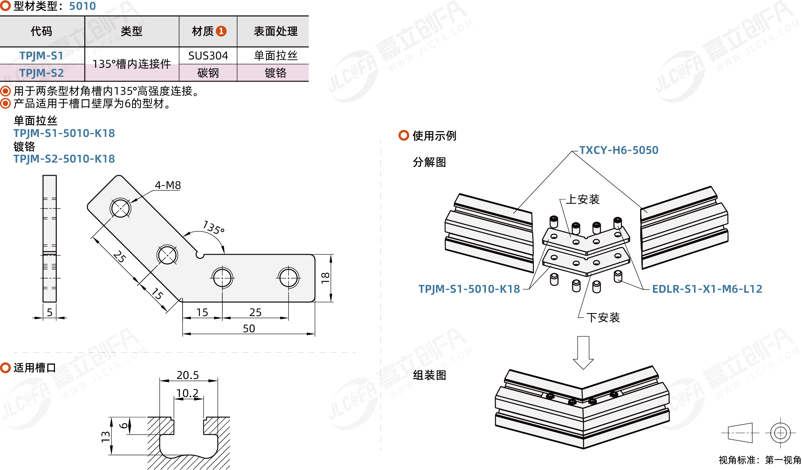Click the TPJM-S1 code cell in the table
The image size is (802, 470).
[x=41, y=56]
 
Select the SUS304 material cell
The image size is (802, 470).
[x=208, y=56]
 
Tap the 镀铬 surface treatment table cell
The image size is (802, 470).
[x=275, y=73]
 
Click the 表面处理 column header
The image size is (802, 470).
[x=275, y=31]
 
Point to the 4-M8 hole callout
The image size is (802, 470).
[x=168, y=185]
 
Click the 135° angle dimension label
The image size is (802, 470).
[x=213, y=227]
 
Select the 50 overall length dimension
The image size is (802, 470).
[x=249, y=329]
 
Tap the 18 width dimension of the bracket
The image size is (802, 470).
[x=325, y=278]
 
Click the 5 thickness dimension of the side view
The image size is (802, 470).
[x=50, y=312]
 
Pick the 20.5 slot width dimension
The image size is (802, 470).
[x=187, y=375]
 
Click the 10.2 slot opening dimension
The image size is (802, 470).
[x=187, y=393]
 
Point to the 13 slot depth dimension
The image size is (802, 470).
[x=106, y=437]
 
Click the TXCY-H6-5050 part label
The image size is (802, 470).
[x=619, y=150]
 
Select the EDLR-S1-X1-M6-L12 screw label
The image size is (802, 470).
[x=707, y=289]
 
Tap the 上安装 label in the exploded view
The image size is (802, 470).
[x=583, y=199]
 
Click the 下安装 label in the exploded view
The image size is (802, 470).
[x=603, y=318]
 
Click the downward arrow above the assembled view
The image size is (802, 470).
[x=583, y=352]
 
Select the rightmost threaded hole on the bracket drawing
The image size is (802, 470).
[x=288, y=278]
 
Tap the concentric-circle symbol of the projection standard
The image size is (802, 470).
[x=780, y=433]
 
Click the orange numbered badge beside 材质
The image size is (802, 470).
[x=221, y=31]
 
